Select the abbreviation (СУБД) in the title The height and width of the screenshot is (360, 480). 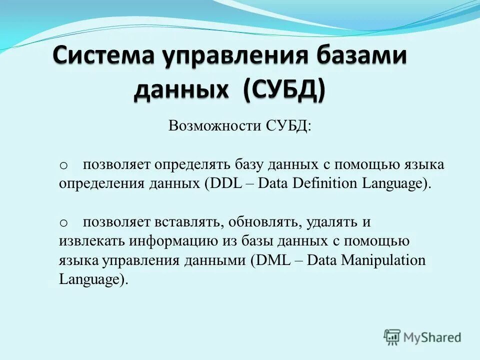[284, 89]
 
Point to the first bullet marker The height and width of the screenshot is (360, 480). [63, 165]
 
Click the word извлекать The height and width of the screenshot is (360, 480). [92, 241]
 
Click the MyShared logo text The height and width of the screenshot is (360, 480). [432, 337]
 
